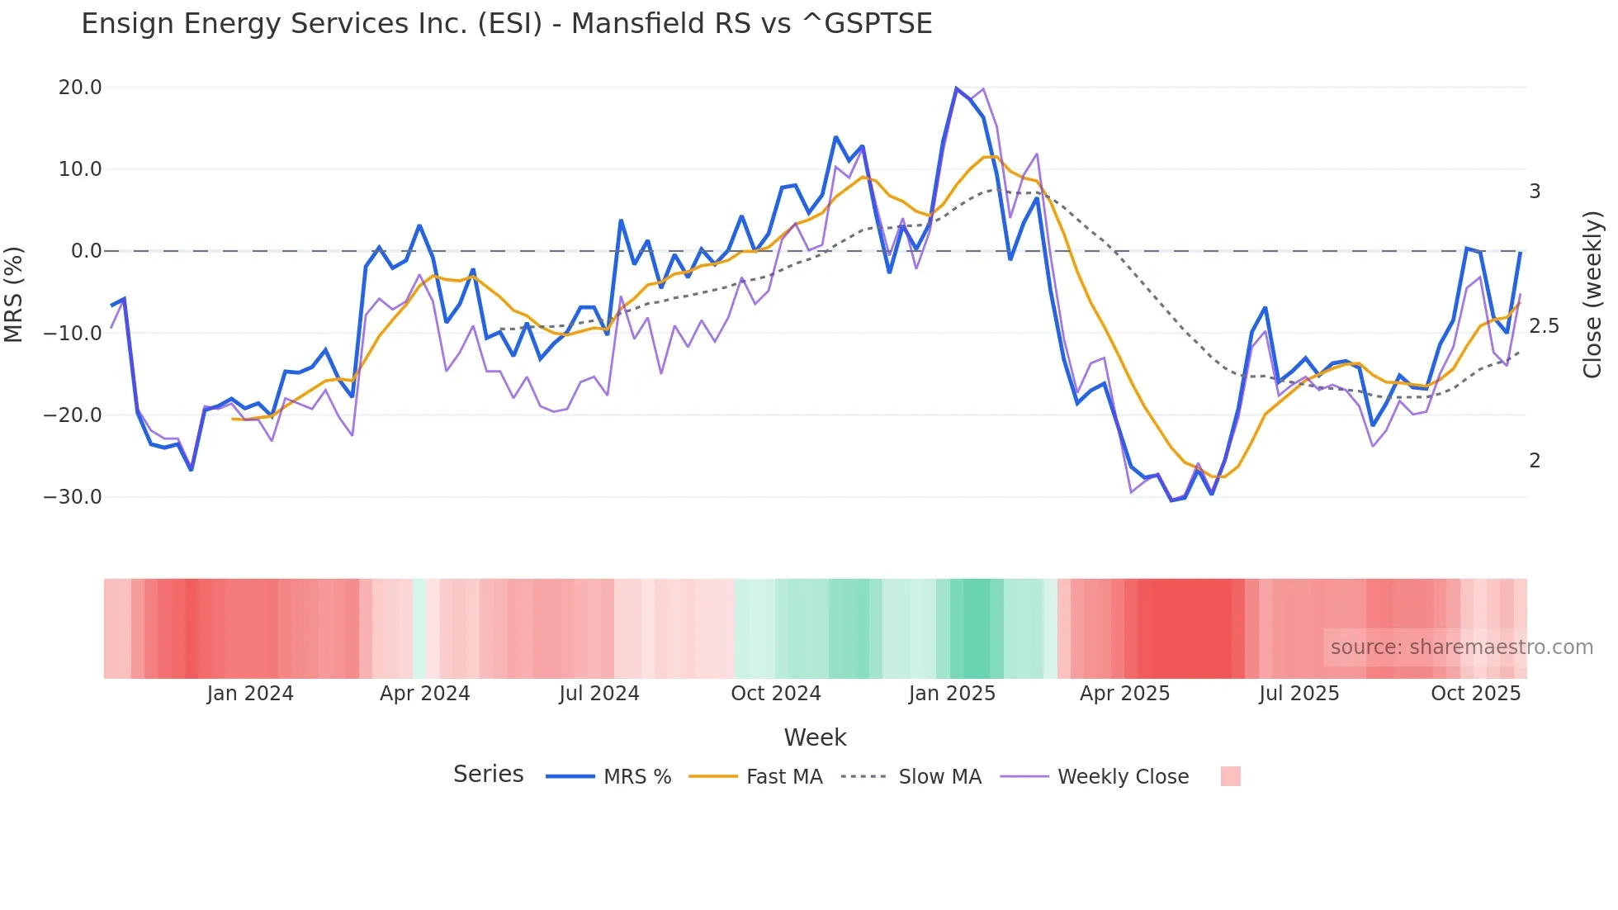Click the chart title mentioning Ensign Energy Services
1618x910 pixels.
coord(506,24)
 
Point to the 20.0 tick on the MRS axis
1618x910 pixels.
coord(80,88)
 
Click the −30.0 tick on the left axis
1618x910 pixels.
coord(73,497)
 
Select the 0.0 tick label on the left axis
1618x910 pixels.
coord(86,251)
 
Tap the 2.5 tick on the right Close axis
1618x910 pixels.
coord(1544,326)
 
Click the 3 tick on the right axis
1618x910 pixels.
coord(1535,192)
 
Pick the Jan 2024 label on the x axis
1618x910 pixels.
coord(249,694)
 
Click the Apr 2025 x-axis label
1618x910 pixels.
coord(1124,694)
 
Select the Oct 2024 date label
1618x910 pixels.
coord(775,694)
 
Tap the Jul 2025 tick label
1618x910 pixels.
coord(1299,694)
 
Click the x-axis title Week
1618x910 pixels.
coord(815,737)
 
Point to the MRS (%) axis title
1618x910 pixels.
coord(14,294)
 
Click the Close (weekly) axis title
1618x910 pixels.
coord(1592,294)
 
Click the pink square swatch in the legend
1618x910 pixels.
coord(1230,776)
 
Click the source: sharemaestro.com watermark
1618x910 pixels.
coord(1461,647)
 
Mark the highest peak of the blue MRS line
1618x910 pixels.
coord(956,88)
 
